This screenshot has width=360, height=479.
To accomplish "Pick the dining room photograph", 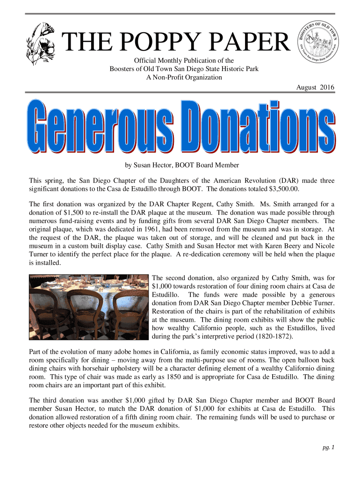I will coord(89,306).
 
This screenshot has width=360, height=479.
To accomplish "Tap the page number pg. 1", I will coord(329,448).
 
